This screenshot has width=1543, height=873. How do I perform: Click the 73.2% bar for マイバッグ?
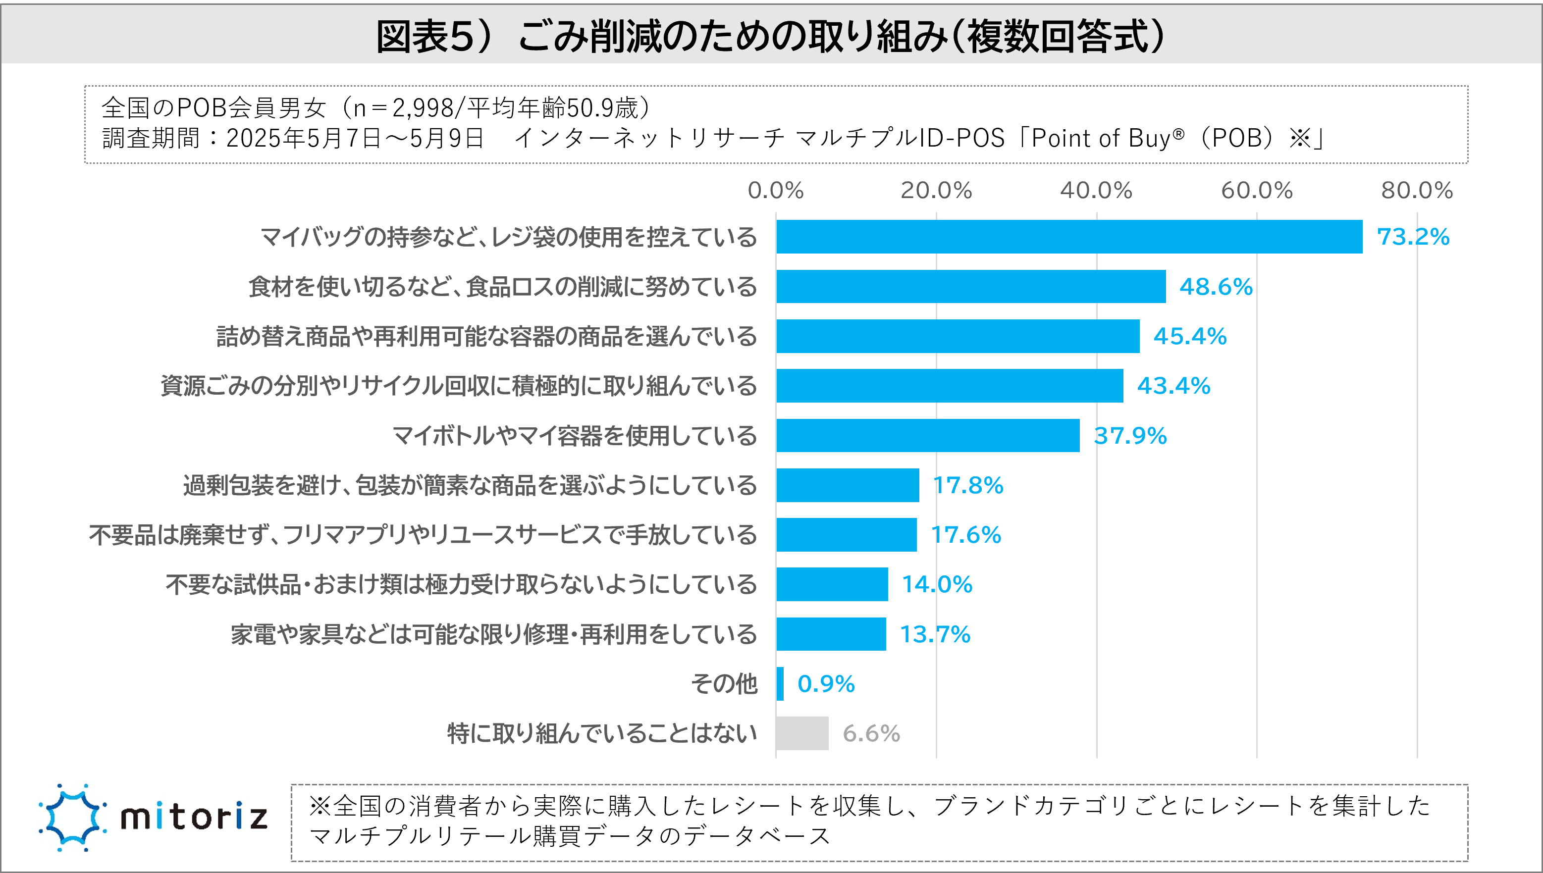[x=1068, y=237]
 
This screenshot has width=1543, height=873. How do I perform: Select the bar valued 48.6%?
[x=970, y=287]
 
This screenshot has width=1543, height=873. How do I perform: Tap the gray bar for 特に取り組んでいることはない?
[x=802, y=733]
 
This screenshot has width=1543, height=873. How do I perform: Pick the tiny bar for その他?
[x=780, y=683]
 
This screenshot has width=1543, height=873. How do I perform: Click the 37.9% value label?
[x=1130, y=436]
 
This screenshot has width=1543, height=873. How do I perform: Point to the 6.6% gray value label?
[x=871, y=733]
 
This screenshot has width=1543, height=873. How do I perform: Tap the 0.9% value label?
[x=826, y=683]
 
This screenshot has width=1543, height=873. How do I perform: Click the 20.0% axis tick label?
[x=936, y=191]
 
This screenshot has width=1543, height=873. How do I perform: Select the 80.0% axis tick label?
[x=1417, y=191]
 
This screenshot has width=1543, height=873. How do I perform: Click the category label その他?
[x=724, y=683]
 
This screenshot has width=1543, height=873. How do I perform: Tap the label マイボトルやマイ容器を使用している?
[x=575, y=436]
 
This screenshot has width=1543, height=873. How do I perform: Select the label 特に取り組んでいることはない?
[x=602, y=733]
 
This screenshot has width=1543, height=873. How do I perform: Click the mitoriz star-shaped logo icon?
[x=72, y=817]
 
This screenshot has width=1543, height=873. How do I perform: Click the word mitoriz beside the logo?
[x=194, y=817]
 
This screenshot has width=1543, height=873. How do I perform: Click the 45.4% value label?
[x=1190, y=336]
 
